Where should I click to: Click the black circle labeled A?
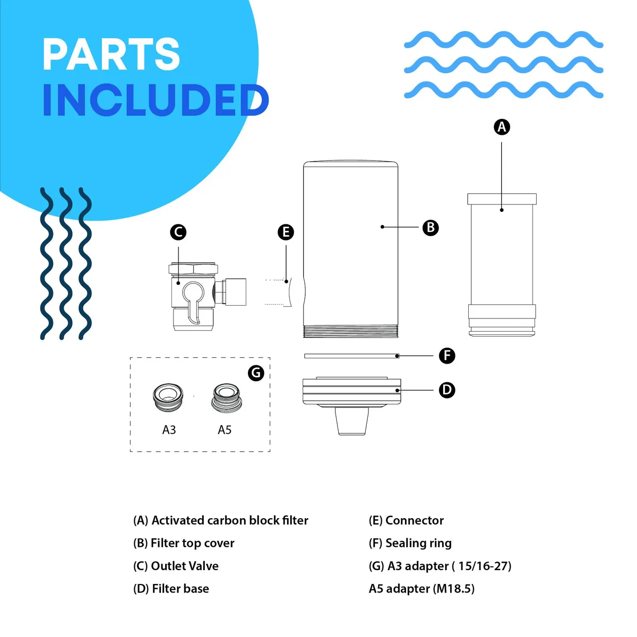[502, 127]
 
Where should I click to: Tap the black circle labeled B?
[431, 227]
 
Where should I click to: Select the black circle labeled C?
[178, 232]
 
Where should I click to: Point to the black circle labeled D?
[447, 390]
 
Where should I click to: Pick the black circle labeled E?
[286, 232]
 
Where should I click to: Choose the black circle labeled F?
[447, 356]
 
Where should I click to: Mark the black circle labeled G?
[256, 373]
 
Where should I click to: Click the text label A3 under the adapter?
[169, 429]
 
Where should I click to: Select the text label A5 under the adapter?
[225, 429]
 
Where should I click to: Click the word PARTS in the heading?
[111, 54]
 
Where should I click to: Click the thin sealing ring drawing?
[351, 356]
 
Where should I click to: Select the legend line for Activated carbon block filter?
[220, 521]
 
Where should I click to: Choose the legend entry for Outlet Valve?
[176, 566]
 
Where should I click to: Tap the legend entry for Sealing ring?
[410, 544]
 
